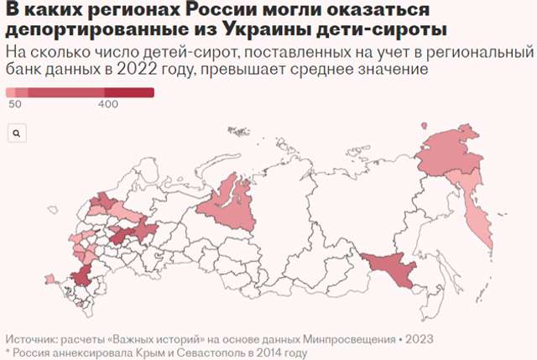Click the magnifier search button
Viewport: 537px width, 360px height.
[17, 133]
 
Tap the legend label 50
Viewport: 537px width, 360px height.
[14, 104]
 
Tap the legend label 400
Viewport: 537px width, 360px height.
[107, 104]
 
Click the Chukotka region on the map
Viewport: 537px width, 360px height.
[457, 151]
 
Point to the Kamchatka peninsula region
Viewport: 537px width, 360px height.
[477, 218]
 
